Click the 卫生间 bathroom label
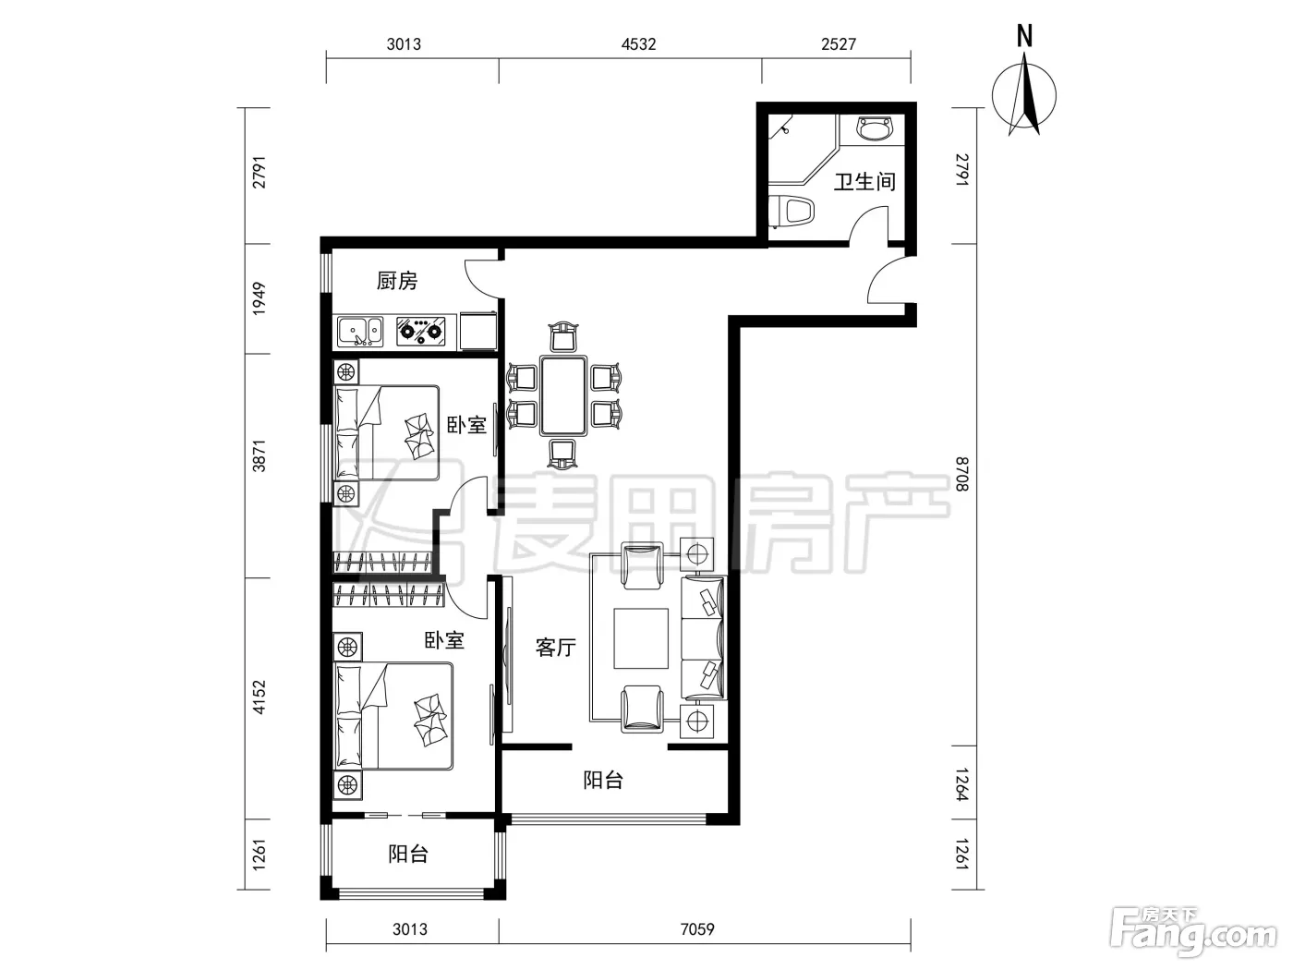tap(864, 182)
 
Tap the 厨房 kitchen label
tap(397, 281)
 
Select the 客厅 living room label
tap(555, 648)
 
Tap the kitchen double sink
tap(360, 333)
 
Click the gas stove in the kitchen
tap(420, 332)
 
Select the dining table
tap(563, 395)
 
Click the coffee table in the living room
tap(641, 638)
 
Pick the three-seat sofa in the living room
tap(704, 638)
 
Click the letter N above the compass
tap(1025, 36)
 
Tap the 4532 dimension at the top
tap(638, 44)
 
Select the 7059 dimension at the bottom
tap(697, 929)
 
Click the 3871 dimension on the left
tap(260, 455)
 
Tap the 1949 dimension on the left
tap(260, 298)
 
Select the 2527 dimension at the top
tap(839, 44)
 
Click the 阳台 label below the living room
tap(603, 781)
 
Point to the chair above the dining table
tap(563, 336)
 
